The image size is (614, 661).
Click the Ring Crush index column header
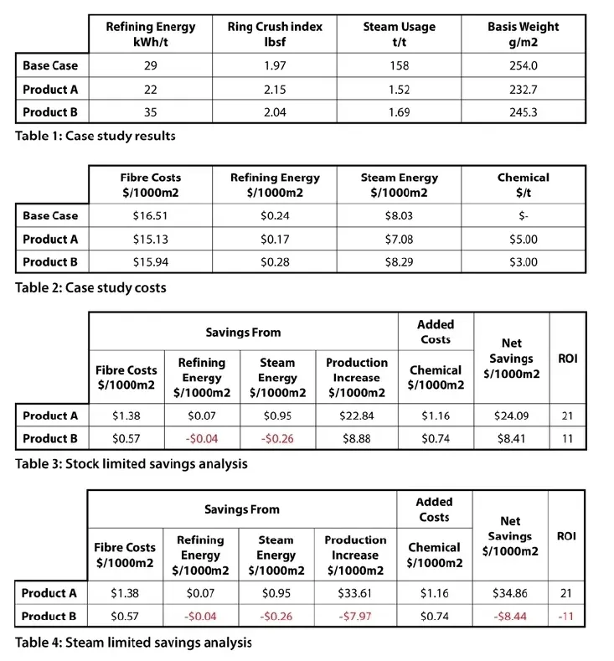tap(275, 34)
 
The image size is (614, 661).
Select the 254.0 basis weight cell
tap(524, 65)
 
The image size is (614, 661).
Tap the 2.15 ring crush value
tap(275, 89)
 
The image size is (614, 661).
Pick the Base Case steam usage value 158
tap(399, 65)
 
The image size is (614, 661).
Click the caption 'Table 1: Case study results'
tap(95, 135)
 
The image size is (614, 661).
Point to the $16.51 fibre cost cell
tap(150, 215)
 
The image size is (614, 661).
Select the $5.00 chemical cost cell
tap(524, 239)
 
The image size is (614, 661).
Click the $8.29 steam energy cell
tap(399, 261)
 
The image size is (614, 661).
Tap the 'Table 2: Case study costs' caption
tap(90, 287)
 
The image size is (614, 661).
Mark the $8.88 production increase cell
tap(357, 438)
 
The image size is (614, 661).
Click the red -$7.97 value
tap(355, 616)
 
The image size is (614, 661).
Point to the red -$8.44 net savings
tap(509, 616)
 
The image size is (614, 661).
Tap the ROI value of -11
tap(566, 616)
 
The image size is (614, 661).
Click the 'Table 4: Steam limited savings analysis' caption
tap(132, 643)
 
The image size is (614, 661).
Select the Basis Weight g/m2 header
tap(524, 34)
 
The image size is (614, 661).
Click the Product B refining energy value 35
tap(150, 111)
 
